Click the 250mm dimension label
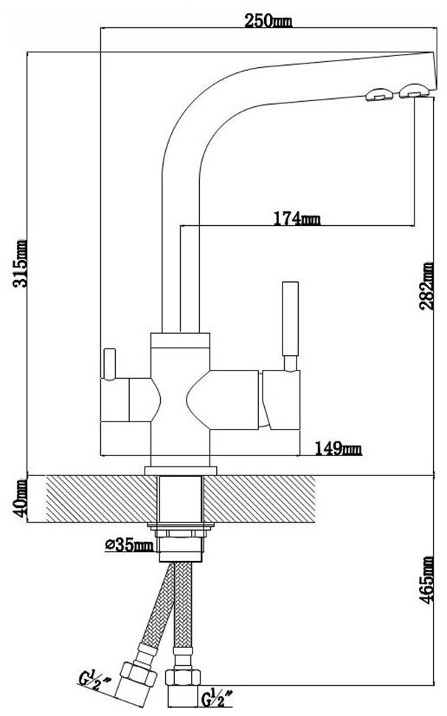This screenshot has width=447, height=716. pos(271,21)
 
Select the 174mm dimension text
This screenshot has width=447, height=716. pos(297,218)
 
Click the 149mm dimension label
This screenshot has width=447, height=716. pos(339,447)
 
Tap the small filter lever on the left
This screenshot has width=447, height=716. pos(111,362)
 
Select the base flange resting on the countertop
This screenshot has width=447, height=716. pos(180,469)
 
